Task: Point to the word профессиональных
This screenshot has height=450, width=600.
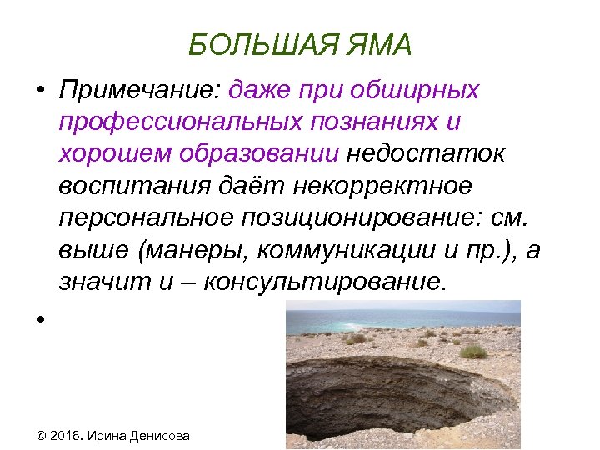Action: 187,122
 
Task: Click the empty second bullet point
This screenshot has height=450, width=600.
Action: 39,318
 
